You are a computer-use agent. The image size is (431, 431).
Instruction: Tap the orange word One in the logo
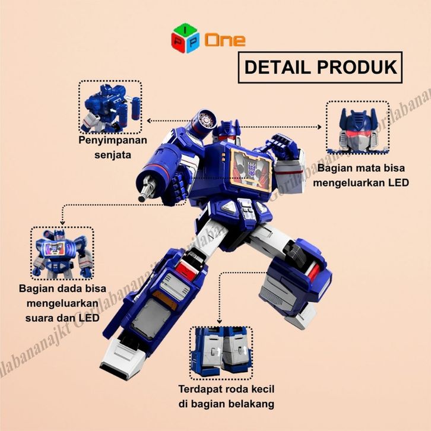coord(225,40)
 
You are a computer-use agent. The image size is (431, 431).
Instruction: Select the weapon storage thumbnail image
coord(110,107)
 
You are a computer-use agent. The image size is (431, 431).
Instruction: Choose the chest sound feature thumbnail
coord(62,253)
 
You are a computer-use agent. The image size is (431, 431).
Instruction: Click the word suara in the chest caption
coord(36,318)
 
